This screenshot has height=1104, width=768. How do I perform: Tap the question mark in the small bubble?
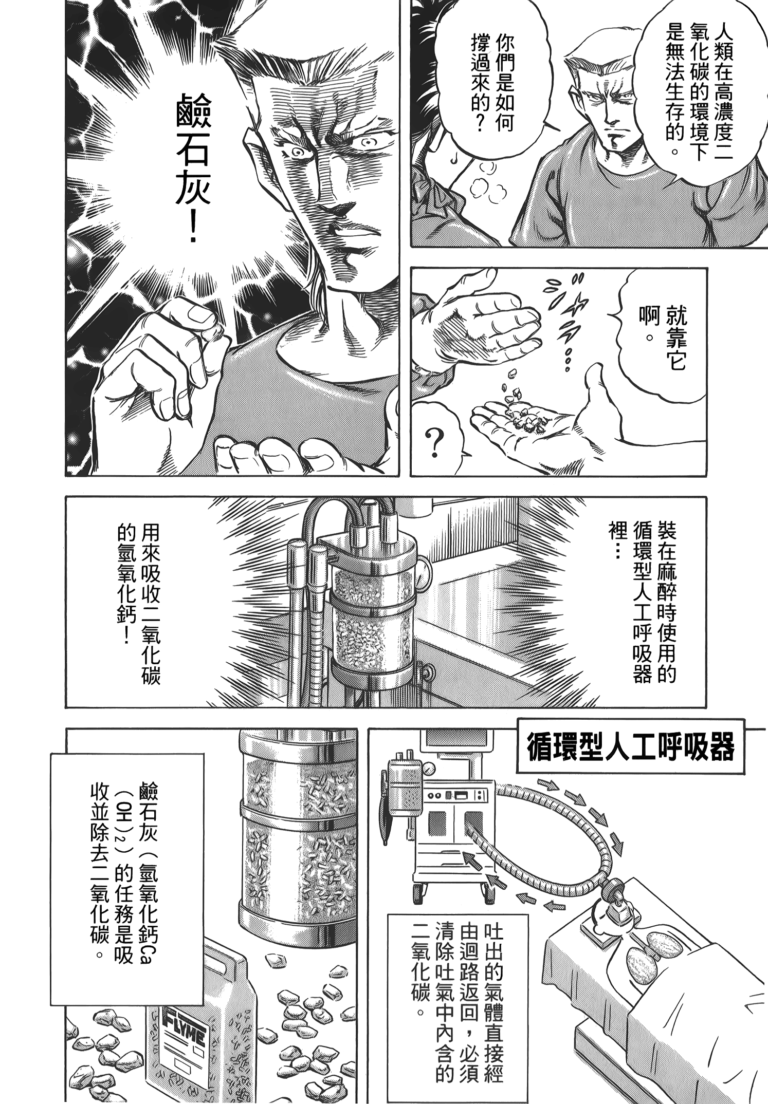pyautogui.click(x=435, y=443)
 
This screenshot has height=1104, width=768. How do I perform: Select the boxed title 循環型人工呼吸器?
pyautogui.click(x=631, y=747)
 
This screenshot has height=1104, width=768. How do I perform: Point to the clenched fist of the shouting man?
pyautogui.click(x=154, y=370)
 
